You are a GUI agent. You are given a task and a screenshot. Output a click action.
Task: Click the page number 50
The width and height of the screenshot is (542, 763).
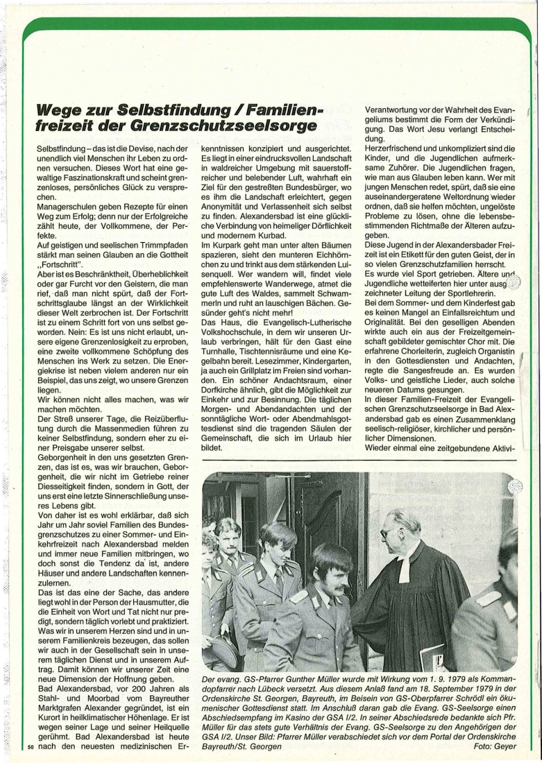[x=31, y=746]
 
